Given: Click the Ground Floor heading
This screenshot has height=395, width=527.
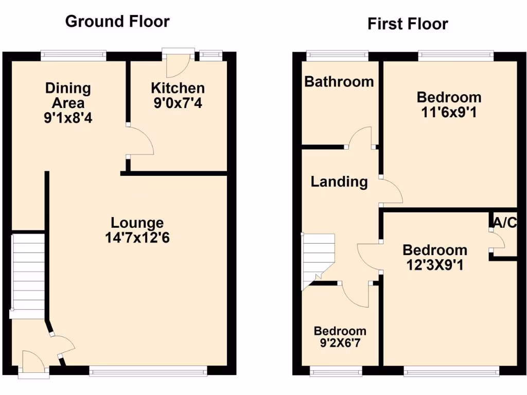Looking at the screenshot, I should point(117,22).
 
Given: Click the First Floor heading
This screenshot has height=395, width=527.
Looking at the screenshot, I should point(408,24).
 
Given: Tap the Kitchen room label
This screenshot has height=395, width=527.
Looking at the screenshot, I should point(178,88).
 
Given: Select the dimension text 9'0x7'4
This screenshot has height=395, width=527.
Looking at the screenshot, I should point(178,103).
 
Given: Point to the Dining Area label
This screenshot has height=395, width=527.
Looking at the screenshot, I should point(68,95).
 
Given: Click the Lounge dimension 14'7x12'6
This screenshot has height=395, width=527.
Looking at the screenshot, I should point(137,238).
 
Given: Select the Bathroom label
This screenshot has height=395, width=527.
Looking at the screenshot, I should point(339,81).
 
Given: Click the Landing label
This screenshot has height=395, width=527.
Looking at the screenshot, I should point(339,182).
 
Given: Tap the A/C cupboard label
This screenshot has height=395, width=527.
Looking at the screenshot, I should point(504,223).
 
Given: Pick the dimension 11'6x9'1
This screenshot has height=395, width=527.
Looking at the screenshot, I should point(449,112).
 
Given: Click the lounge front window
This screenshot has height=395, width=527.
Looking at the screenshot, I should point(148,370).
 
